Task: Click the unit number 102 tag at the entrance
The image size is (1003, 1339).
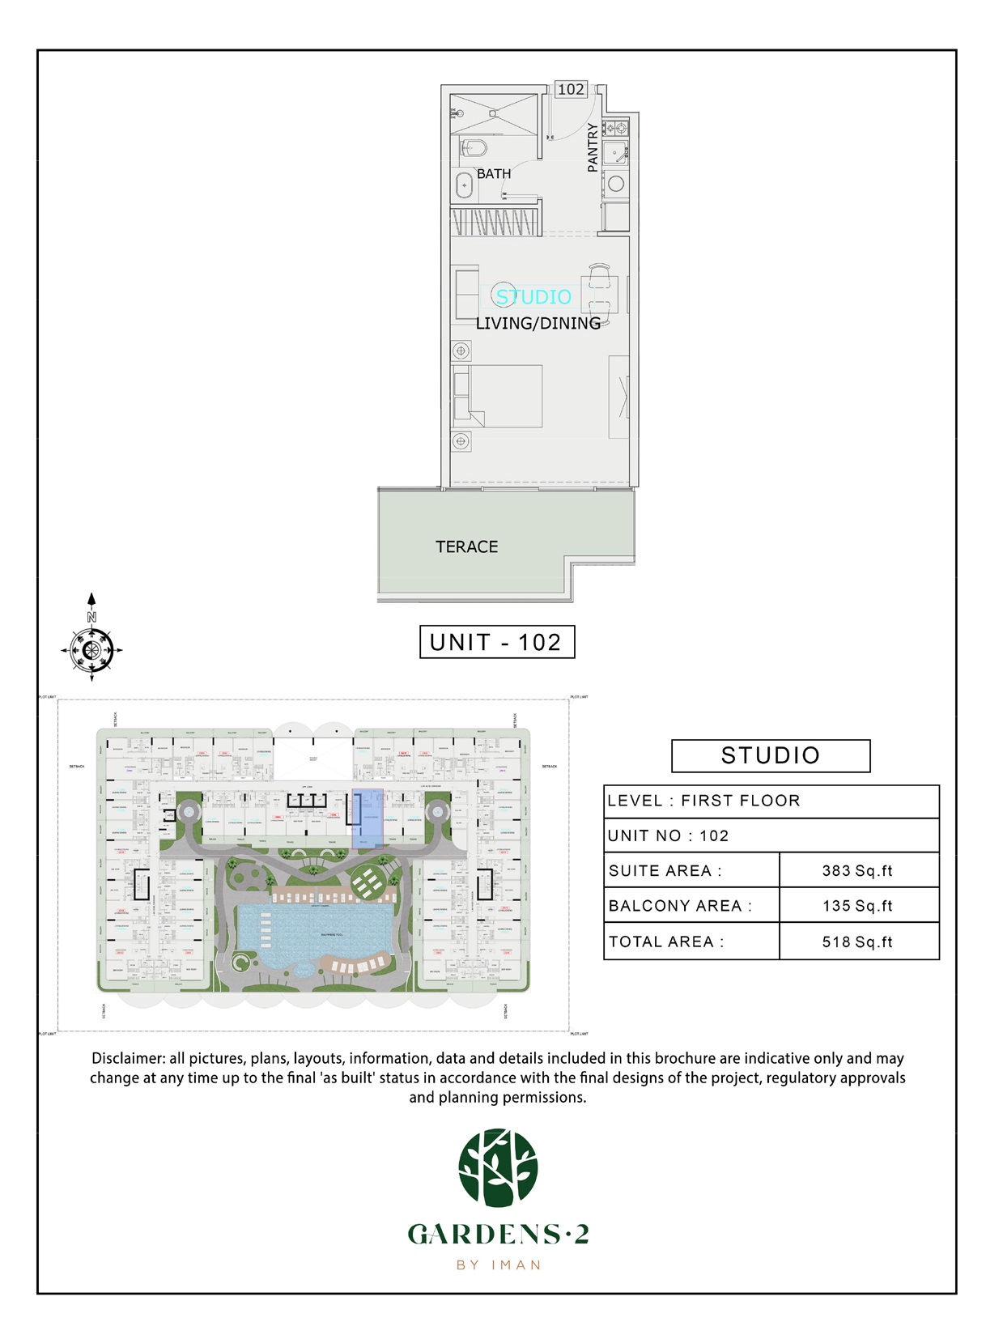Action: tap(571, 89)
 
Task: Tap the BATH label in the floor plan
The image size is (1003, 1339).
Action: tap(494, 174)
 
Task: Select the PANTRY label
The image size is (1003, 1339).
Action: tap(593, 147)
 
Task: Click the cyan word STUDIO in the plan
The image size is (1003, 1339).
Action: tap(533, 297)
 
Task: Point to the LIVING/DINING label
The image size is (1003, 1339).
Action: tap(538, 323)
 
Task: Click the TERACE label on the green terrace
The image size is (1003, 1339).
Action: tap(467, 547)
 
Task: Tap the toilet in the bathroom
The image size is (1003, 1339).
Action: tap(473, 148)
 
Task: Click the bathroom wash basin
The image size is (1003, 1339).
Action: tap(464, 185)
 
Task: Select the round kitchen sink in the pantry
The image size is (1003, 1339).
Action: tap(616, 184)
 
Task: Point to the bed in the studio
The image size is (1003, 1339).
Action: tap(498, 396)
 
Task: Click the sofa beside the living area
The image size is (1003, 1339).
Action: tap(465, 294)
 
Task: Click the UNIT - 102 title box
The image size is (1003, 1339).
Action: tap(496, 642)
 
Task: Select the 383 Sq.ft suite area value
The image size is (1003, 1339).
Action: tap(857, 871)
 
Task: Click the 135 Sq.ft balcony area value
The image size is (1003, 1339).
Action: tap(857, 906)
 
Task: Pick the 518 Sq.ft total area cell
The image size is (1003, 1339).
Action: tap(857, 942)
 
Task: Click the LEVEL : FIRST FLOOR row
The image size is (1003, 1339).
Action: tap(771, 801)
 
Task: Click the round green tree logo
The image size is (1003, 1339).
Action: tap(498, 1168)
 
